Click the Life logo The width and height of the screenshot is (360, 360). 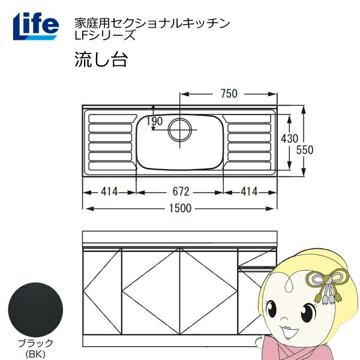(36, 26)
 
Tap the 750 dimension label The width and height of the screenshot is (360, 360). (229, 94)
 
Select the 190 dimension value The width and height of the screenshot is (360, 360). (155, 121)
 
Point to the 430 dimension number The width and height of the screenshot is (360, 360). (290, 139)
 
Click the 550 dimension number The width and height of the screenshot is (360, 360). (305, 150)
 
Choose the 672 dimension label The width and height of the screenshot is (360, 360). (181, 191)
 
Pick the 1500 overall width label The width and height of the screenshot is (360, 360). (180, 208)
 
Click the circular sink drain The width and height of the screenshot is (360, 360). (180, 130)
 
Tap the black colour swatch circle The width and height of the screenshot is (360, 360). (35, 310)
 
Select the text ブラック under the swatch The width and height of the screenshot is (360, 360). (35, 343)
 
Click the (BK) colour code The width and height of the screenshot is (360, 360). (35, 355)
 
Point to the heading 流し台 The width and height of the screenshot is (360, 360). (101, 59)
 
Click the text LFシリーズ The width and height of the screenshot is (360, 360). (105, 35)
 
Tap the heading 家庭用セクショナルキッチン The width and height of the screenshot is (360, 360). (152, 23)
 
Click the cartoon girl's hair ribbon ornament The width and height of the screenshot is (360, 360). (326, 284)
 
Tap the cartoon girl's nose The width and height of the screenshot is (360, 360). (284, 319)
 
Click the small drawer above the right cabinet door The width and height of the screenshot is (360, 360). (257, 257)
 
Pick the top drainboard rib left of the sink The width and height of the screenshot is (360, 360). (113, 119)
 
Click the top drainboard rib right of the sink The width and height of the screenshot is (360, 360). (247, 119)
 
